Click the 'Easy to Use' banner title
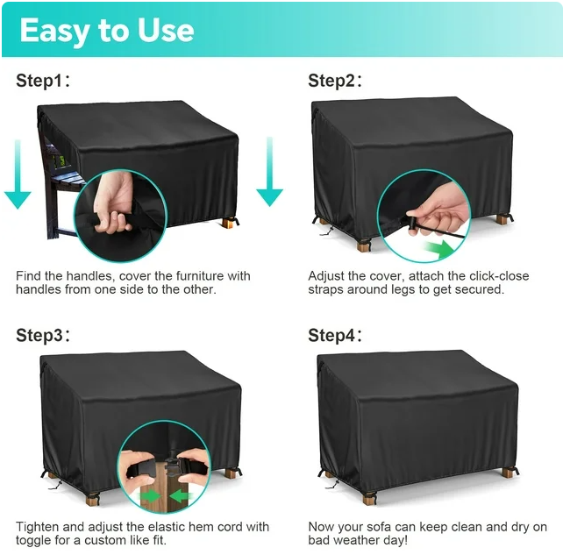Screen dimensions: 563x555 [x=107, y=31]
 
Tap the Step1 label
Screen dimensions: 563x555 [x=43, y=81]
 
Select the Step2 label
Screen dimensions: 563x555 [x=335, y=81]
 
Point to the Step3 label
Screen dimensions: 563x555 [x=43, y=335]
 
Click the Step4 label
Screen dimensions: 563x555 [x=335, y=335]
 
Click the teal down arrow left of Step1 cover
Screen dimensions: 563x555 [x=18, y=174]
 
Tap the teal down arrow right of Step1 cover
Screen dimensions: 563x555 [x=269, y=172]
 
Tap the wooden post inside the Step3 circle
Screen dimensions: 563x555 [x=164, y=492]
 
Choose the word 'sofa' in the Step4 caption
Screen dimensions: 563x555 [x=378, y=527]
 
